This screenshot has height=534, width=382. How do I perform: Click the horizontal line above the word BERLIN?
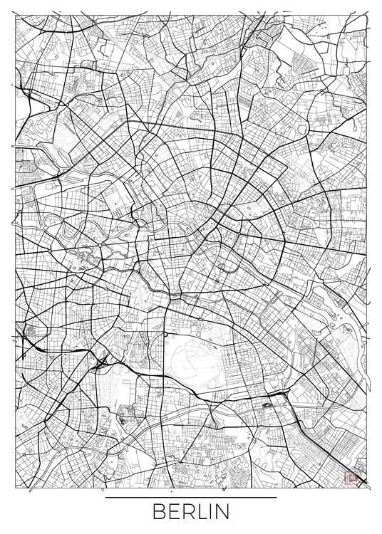pyautogui.click(x=191, y=497)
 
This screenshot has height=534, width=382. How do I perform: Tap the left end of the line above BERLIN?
pyautogui.click(x=106, y=497)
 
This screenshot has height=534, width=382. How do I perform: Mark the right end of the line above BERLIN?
pyautogui.click(x=276, y=497)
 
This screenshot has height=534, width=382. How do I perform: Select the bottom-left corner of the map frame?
pyautogui.click(x=13, y=488)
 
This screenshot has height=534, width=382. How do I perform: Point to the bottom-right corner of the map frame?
pyautogui.click(x=369, y=488)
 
